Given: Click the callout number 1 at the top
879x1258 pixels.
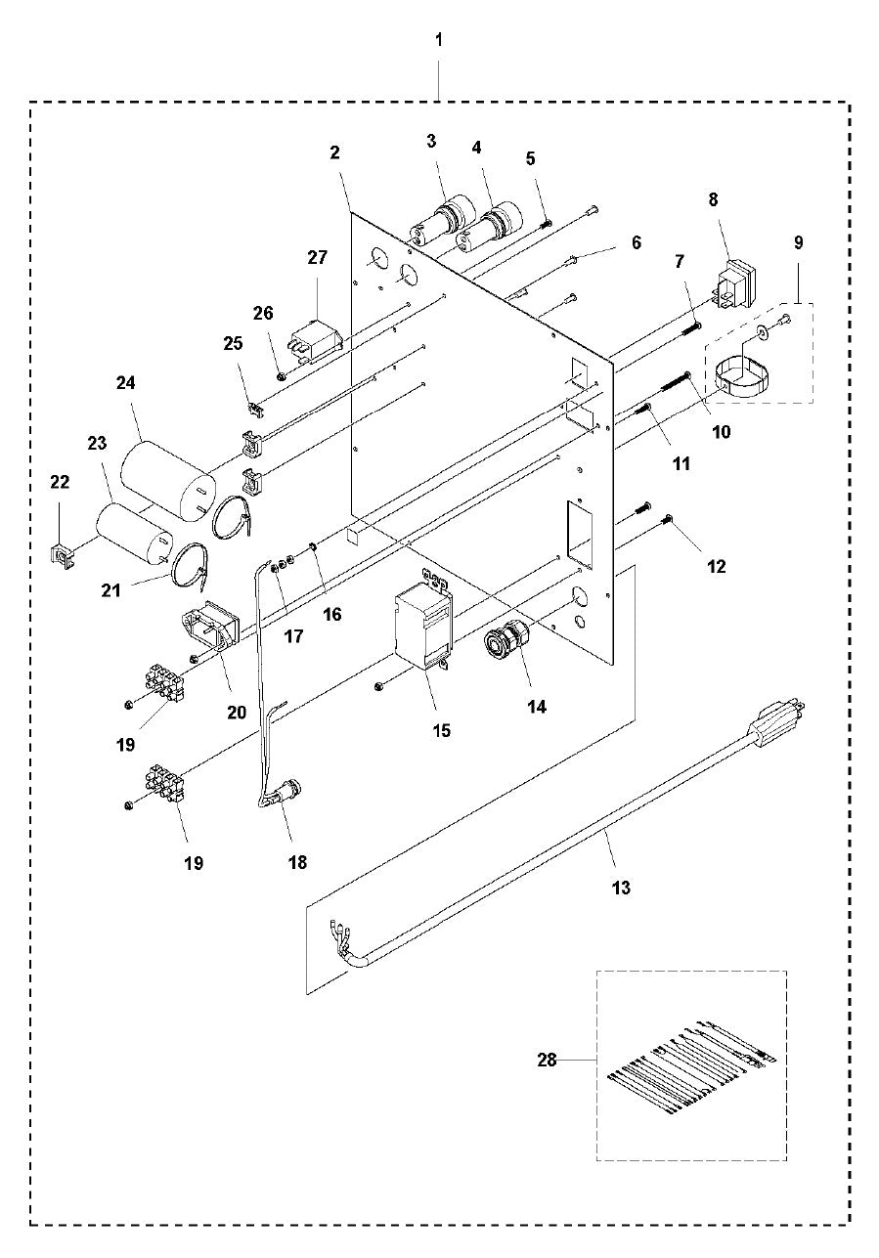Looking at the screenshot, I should point(438,40).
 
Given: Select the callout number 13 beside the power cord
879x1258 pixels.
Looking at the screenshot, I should point(621,888).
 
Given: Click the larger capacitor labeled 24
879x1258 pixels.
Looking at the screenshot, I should point(167,481).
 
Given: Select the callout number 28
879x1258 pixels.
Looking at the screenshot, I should point(547,1060).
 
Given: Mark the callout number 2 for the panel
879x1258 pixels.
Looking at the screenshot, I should point(334,152).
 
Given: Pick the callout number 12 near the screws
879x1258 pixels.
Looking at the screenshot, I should point(717,566).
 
